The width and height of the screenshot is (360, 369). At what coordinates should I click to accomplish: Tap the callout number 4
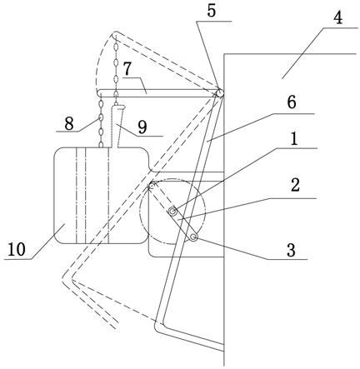(337, 18)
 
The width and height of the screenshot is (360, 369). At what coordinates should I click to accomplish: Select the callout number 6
(292, 102)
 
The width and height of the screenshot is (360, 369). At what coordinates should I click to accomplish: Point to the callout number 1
(294, 139)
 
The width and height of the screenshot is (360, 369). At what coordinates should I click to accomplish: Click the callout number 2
(295, 186)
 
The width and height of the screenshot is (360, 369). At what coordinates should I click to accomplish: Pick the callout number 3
(291, 251)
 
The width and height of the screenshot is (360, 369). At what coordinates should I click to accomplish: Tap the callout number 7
(127, 69)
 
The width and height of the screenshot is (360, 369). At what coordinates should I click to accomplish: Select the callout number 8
(69, 124)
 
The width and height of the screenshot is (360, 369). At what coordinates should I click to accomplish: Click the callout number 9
(142, 128)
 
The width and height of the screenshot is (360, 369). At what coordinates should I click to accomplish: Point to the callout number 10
(17, 249)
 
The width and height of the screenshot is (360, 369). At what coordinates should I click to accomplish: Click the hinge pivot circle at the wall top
(220, 93)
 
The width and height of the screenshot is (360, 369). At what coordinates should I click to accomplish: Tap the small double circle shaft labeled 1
(173, 212)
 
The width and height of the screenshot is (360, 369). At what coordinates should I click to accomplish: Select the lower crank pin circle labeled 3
(193, 237)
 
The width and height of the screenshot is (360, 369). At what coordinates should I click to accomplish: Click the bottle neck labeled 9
(118, 126)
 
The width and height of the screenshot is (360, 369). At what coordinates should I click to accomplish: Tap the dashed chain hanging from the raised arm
(116, 69)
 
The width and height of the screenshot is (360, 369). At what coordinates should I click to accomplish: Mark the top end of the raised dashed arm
(115, 35)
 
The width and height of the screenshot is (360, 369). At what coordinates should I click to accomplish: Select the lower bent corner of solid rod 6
(159, 327)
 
